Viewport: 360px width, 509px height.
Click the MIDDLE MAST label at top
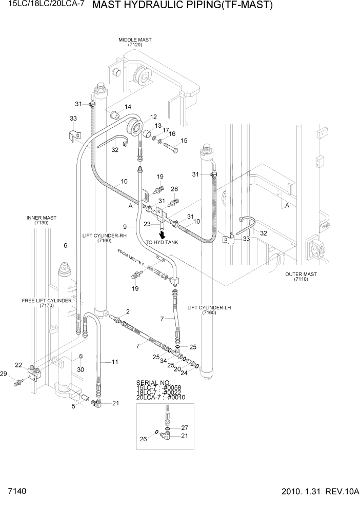point(135,40)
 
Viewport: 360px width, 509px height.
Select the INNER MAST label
point(41,218)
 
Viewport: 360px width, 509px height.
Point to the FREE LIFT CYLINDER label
point(46,301)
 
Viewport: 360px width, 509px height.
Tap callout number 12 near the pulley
point(153,117)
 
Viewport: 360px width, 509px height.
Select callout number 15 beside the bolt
point(184,141)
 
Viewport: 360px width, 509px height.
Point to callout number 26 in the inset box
point(143,439)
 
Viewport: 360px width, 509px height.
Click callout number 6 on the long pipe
point(66,246)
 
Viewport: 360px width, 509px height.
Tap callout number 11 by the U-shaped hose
point(115,362)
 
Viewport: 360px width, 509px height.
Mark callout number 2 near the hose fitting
point(128,311)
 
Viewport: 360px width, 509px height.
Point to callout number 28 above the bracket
point(174,189)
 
